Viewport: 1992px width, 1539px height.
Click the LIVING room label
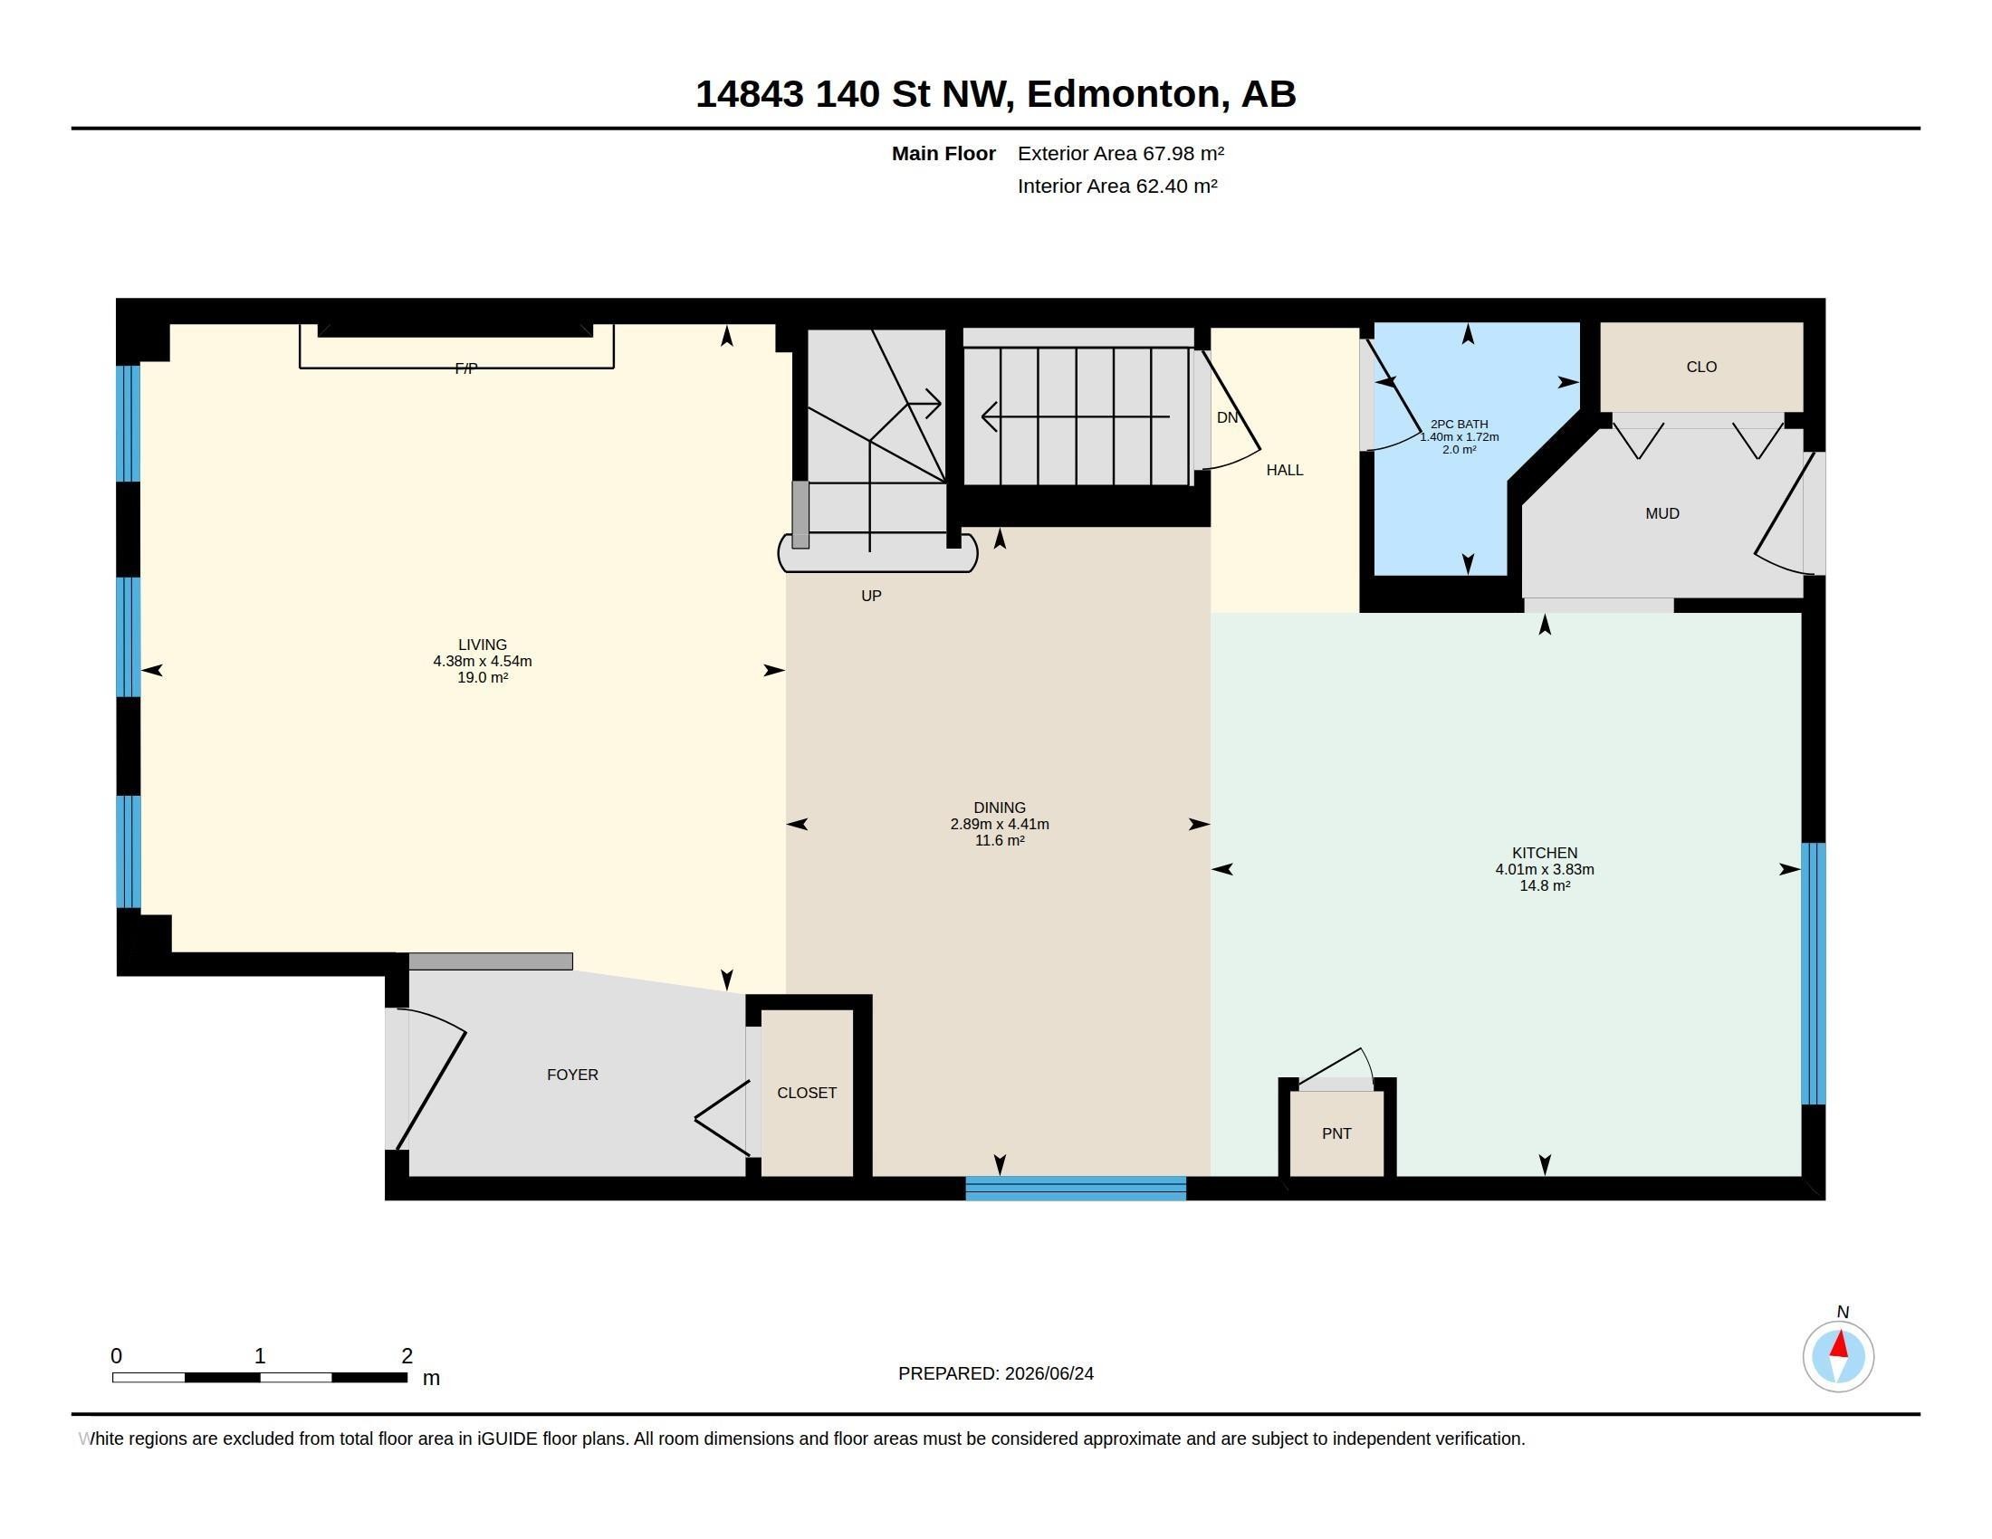(x=482, y=645)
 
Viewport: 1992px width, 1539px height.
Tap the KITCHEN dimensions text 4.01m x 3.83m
(x=1544, y=870)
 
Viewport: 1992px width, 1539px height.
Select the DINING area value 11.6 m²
(x=1000, y=841)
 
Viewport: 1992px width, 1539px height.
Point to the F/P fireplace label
(x=466, y=368)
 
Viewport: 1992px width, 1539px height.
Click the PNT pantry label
(x=1336, y=1133)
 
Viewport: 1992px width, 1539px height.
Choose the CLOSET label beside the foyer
(x=806, y=1093)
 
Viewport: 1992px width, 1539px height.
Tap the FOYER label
(x=573, y=1075)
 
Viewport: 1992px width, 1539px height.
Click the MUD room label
(x=1662, y=513)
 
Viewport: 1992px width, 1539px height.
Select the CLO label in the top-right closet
(x=1701, y=367)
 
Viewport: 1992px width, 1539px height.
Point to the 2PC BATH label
(x=1460, y=424)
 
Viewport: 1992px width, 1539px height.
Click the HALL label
(x=1284, y=470)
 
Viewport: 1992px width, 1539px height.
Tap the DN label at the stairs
(x=1227, y=417)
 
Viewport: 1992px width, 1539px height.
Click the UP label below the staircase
(x=871, y=596)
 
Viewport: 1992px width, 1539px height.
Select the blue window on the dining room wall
(x=1076, y=1188)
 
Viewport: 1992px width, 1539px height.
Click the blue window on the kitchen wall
(x=1814, y=973)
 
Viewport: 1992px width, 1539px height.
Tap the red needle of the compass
(x=1840, y=1343)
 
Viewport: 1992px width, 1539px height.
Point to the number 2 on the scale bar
(x=407, y=1356)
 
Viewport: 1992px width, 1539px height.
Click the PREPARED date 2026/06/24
(x=1049, y=1373)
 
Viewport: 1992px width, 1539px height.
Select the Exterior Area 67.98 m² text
(x=1120, y=153)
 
